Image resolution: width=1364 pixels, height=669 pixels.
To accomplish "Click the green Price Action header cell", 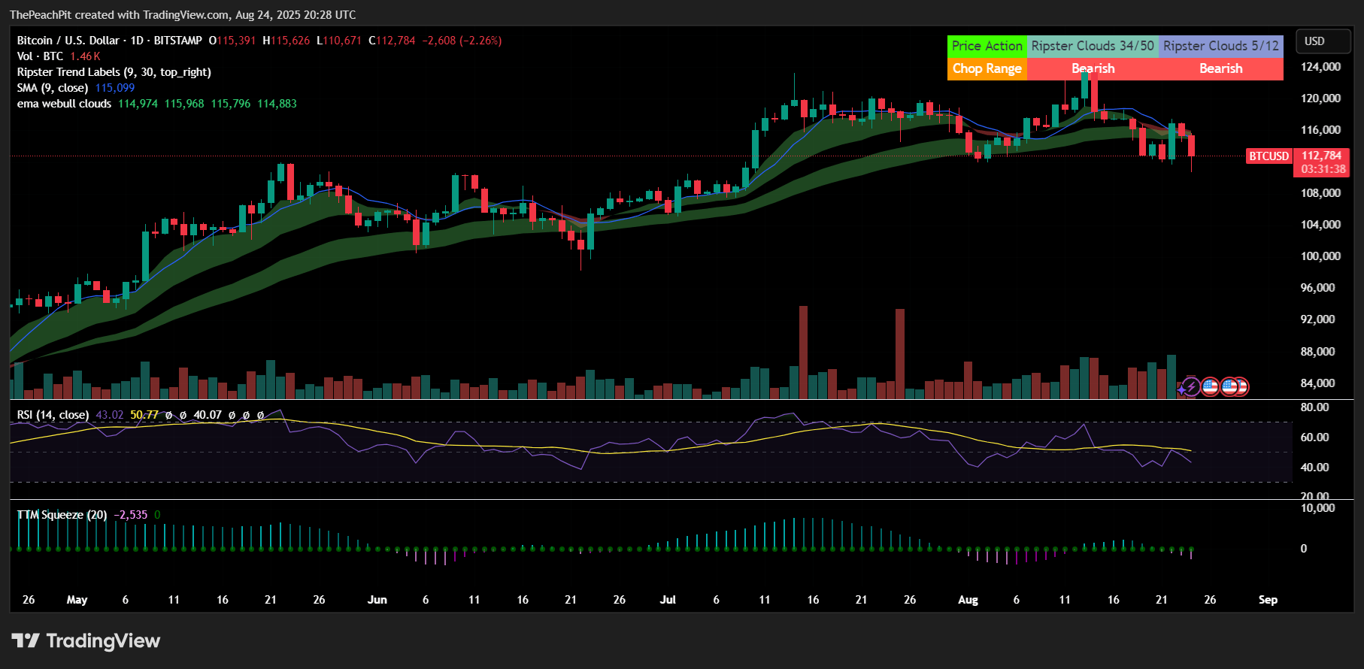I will point(987,46).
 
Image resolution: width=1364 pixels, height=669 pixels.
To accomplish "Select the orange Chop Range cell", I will point(987,68).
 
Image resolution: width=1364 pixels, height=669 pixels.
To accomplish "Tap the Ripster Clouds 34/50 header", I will point(1092,46).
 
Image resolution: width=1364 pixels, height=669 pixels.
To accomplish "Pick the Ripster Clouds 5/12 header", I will point(1220,46).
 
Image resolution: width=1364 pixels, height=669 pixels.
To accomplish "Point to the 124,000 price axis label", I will point(1320,67).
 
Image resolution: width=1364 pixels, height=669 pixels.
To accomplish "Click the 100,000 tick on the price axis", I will point(1320,256).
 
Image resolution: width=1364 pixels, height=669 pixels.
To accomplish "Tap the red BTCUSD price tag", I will point(1269,156).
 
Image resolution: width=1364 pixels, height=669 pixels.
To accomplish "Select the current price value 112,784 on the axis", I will point(1321,156).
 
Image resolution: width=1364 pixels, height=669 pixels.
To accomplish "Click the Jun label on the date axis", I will point(377,600).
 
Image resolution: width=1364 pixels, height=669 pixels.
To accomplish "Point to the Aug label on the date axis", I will point(968,600).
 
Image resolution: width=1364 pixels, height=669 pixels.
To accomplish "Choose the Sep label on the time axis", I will point(1268,600).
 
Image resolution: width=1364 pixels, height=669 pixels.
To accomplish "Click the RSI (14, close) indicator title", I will point(53,415).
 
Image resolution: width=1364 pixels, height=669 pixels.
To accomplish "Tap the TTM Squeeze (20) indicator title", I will point(62,515).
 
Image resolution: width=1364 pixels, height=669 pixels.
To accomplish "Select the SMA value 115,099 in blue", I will point(114,88).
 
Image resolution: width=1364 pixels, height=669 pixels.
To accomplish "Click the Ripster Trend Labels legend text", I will point(114,72).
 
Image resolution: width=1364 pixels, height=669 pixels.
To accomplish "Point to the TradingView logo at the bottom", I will point(86,640).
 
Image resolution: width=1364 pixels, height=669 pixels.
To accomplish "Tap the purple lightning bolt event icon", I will point(1190,386).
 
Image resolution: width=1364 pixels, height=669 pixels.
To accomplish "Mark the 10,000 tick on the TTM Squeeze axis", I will point(1317,508).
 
